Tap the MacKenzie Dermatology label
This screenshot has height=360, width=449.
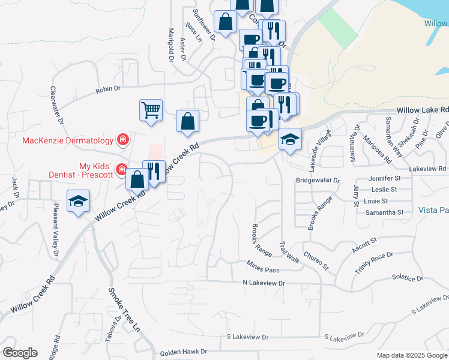point(68,141)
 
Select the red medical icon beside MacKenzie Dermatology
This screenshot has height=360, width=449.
point(123,140)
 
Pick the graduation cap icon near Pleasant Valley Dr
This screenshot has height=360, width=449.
point(79,201)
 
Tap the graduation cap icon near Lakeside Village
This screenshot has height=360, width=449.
point(290,140)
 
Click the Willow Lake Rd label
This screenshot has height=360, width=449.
point(423,110)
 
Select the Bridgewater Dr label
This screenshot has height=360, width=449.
point(318,180)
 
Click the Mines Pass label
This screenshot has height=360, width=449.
point(264,263)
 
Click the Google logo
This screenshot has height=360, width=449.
point(20,353)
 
